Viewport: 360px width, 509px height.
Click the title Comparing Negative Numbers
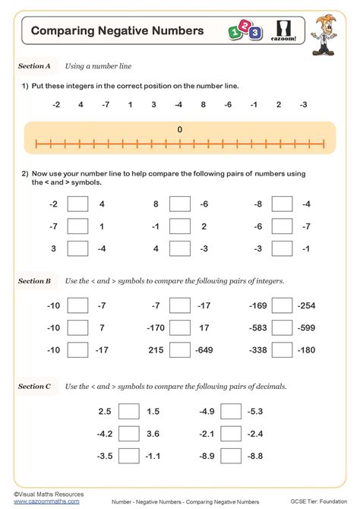117,31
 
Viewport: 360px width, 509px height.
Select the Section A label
34,67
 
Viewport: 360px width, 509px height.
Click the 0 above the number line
180,130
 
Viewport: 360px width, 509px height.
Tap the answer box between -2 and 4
77,204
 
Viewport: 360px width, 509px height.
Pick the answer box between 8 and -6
180,204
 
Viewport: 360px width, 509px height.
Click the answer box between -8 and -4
282,204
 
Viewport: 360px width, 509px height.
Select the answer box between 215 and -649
180,350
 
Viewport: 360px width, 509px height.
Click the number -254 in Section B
306,306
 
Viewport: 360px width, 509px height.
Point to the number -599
306,328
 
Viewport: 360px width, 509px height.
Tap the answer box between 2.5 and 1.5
129,411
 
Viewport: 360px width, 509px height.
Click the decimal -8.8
254,457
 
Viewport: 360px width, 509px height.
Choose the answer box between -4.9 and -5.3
231,411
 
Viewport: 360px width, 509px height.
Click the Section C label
34,387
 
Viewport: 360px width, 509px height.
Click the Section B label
34,281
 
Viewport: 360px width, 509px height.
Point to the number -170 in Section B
156,328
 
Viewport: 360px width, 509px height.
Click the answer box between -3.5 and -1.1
129,457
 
